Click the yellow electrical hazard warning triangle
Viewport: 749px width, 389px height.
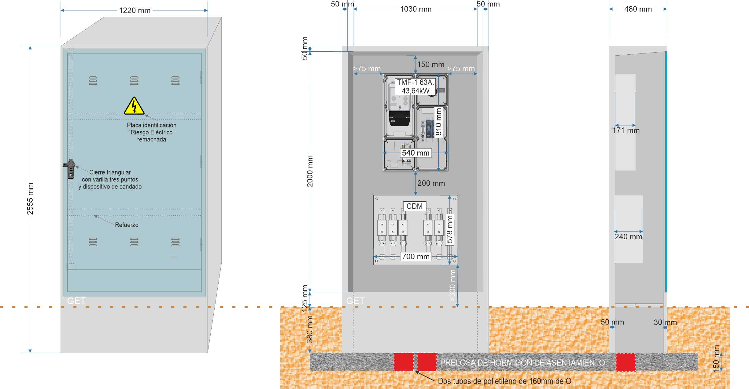click(134, 106)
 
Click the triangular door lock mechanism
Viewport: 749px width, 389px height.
click(70, 169)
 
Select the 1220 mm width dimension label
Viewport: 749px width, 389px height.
click(135, 10)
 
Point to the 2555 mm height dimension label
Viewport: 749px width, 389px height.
click(30, 199)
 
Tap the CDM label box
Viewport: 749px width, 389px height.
click(415, 206)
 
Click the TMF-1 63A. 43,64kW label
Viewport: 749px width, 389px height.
click(415, 86)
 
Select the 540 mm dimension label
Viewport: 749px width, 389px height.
click(416, 153)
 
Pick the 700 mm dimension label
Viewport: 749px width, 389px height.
click(416, 256)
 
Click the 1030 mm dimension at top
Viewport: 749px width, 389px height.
click(416, 9)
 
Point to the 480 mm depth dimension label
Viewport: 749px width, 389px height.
click(638, 9)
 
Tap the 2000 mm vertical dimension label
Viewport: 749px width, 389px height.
click(310, 171)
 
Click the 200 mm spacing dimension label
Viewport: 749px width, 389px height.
click(431, 183)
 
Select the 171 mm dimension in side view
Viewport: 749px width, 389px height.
click(626, 130)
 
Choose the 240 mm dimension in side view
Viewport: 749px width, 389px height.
click(628, 237)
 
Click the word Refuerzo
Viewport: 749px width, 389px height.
click(127, 225)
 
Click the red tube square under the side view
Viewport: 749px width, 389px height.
click(626, 362)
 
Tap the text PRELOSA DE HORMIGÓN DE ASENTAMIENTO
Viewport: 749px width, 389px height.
click(522, 363)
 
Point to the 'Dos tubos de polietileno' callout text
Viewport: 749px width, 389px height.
click(504, 381)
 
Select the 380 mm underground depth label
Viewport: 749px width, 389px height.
click(310, 329)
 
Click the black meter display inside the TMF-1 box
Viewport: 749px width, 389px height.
click(399, 119)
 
